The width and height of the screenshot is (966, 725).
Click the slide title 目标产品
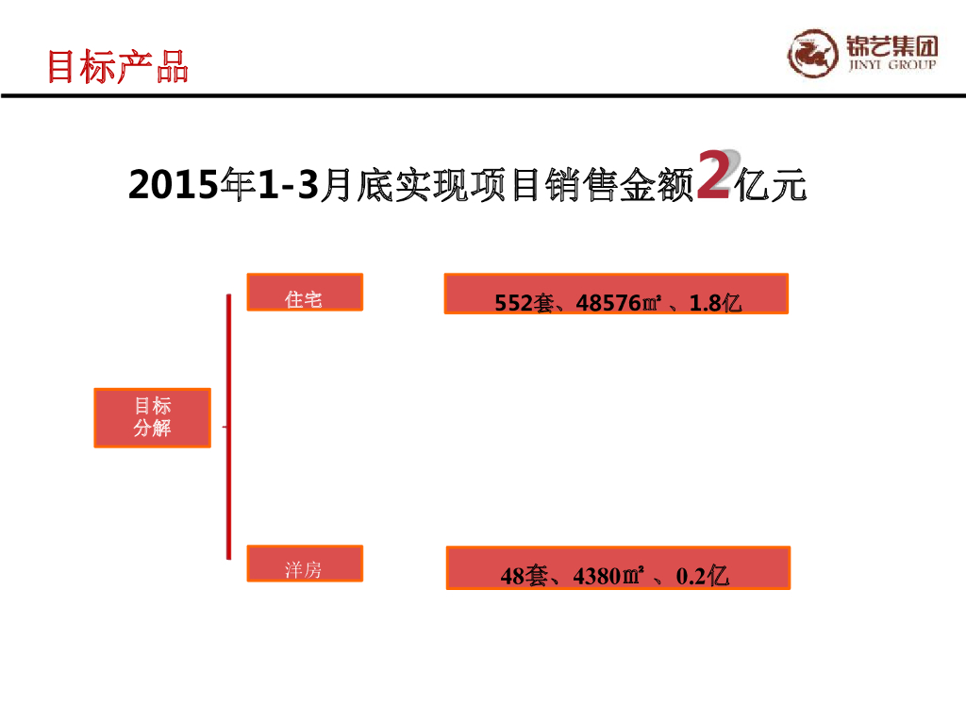coord(118,67)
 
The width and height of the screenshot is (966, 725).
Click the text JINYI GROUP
coord(892,65)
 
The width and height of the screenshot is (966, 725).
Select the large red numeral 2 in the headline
coord(712,174)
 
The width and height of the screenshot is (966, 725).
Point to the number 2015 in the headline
coord(172,186)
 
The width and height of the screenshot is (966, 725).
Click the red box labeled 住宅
coord(304,293)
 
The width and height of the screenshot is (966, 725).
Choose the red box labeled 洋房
coord(304,564)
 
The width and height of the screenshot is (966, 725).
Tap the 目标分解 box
coord(152,417)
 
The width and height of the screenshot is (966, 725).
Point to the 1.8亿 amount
coord(716,303)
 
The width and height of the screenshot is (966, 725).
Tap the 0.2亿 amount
coord(703,575)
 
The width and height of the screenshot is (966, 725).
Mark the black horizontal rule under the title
coord(483,96)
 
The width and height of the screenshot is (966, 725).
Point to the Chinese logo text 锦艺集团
coord(892,45)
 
